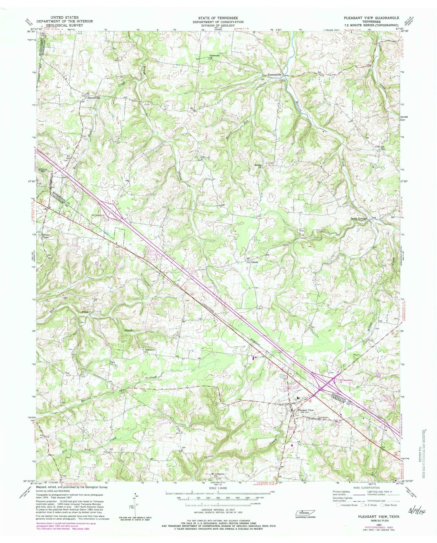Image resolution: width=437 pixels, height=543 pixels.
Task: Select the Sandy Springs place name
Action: point(359,218)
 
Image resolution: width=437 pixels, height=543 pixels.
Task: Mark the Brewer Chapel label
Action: point(45,236)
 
